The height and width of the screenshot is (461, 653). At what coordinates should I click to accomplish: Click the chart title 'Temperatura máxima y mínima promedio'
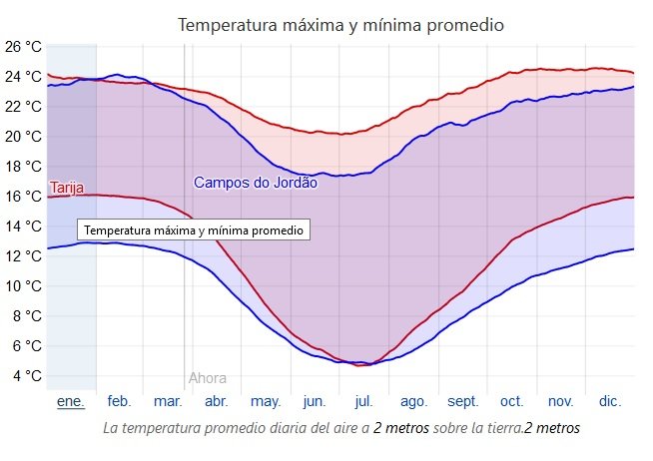(340, 24)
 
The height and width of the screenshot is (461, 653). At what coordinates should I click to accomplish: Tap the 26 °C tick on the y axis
(23, 46)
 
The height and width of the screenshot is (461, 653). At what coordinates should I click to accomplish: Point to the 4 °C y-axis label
(27, 376)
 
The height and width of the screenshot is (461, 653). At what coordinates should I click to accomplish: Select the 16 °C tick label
(23, 196)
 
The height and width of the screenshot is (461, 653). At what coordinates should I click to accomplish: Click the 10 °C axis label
(23, 286)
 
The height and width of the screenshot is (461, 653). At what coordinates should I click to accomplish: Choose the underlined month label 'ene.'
(70, 401)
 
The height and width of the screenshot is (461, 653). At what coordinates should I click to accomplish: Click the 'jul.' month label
(363, 401)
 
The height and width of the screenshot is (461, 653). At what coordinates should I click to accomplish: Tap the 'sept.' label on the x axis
(462, 401)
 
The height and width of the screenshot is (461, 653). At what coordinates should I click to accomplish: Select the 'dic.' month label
(609, 401)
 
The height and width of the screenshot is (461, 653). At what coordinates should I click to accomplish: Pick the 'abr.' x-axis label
(216, 401)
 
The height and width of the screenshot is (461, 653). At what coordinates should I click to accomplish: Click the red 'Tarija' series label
(67, 188)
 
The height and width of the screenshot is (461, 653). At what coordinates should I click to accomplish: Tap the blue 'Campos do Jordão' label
(255, 182)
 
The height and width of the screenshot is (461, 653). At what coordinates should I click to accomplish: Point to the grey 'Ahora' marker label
(208, 378)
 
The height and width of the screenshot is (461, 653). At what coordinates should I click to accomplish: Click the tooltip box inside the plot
(194, 230)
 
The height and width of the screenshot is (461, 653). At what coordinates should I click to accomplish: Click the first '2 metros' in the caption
(399, 427)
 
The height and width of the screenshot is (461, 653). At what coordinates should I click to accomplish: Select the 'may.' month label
(265, 401)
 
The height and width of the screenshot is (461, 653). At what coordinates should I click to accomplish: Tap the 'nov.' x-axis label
(560, 401)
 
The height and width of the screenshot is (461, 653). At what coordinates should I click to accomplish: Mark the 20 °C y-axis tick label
(23, 136)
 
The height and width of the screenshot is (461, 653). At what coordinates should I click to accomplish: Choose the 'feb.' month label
(119, 401)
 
